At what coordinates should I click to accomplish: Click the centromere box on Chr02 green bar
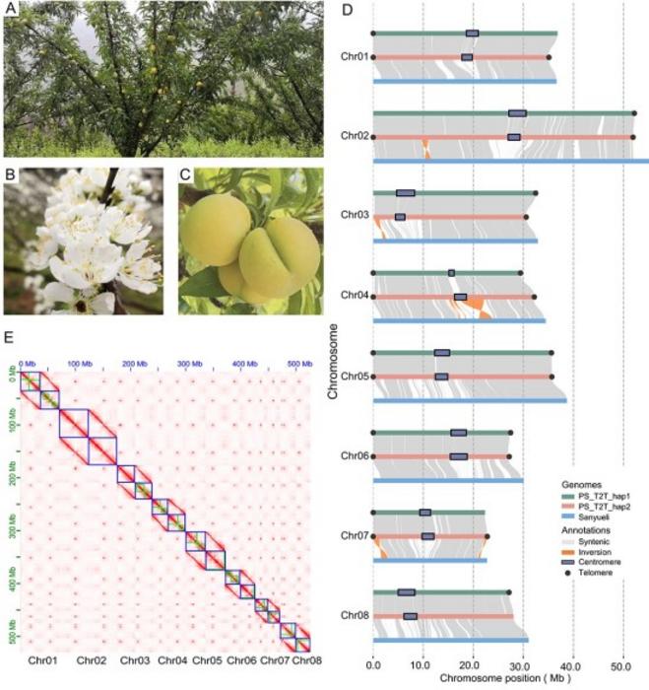pyautogui.click(x=517, y=113)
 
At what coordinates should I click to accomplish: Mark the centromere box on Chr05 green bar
pyautogui.click(x=442, y=352)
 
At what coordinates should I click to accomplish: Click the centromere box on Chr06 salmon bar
pyautogui.click(x=458, y=456)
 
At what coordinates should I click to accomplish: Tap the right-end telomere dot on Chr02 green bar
pyautogui.click(x=633, y=113)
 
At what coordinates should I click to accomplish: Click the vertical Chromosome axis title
pyautogui.click(x=334, y=356)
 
